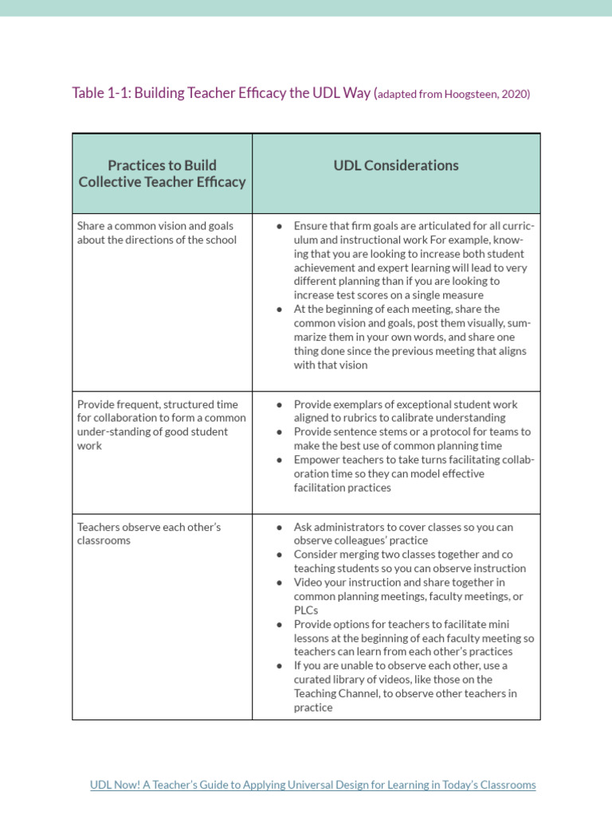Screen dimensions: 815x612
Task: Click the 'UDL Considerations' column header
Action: (x=396, y=166)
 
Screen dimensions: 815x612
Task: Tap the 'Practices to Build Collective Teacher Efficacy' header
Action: (x=162, y=174)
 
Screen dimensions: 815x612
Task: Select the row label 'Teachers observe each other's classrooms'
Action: (x=149, y=534)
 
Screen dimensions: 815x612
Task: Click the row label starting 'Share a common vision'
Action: (x=156, y=232)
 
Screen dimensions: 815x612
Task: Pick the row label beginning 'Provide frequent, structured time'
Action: (x=162, y=418)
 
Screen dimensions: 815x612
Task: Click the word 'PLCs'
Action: (x=306, y=610)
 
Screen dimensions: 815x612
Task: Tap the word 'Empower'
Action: (x=319, y=460)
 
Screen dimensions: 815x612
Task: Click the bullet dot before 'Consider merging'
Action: (x=279, y=555)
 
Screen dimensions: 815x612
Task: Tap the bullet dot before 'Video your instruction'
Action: (x=279, y=583)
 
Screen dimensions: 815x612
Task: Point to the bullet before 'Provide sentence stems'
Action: (x=279, y=432)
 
